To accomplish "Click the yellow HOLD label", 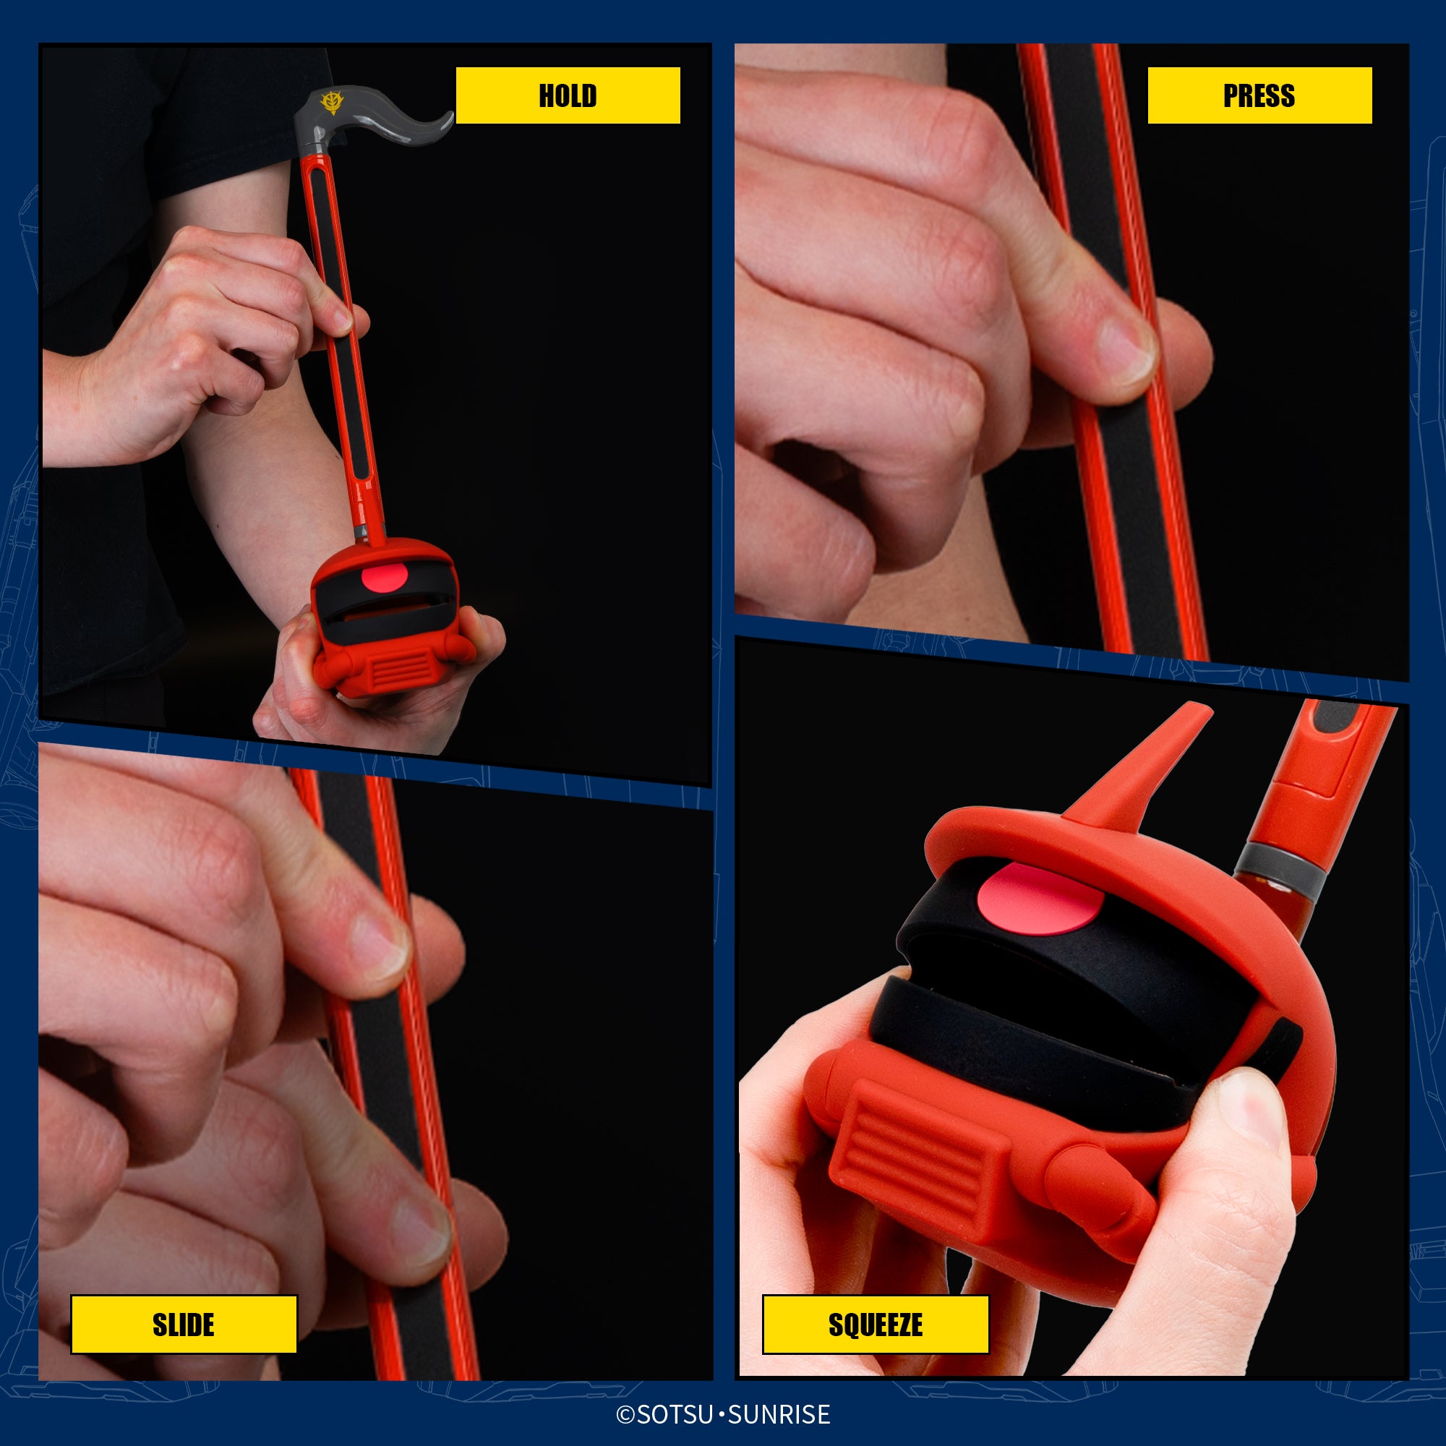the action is click(568, 95).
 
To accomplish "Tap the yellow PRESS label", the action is click(1259, 95).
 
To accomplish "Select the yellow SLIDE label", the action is click(184, 1324).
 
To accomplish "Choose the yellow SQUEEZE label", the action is click(876, 1324).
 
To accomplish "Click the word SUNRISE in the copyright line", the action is click(779, 1413).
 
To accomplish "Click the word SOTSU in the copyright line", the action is click(675, 1413).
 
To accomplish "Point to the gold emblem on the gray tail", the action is click(330, 103).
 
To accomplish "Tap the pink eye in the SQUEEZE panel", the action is click(1038, 898).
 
